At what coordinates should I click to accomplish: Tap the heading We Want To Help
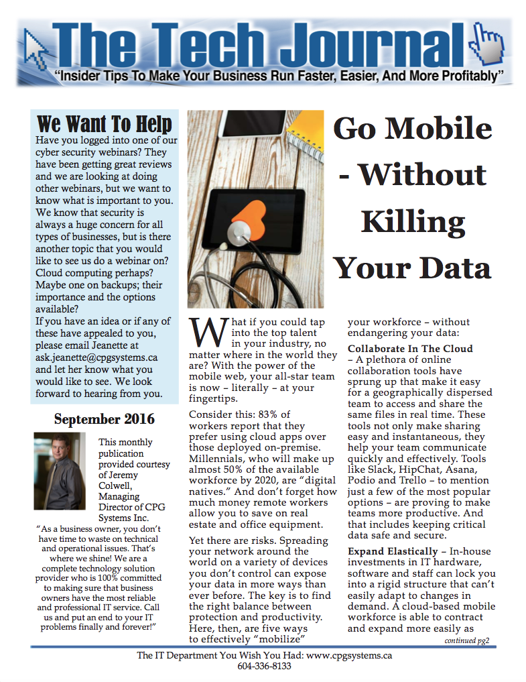[x=104, y=124]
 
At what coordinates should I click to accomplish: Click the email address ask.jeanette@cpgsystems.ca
[x=96, y=357]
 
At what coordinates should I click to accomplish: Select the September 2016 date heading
[x=104, y=420]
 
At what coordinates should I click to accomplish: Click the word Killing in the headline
[x=413, y=221]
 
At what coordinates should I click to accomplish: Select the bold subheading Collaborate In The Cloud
[x=410, y=349]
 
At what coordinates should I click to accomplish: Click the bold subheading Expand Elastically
[x=393, y=551]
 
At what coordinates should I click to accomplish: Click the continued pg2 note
[x=467, y=640]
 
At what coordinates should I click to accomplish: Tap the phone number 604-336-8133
[x=264, y=667]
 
